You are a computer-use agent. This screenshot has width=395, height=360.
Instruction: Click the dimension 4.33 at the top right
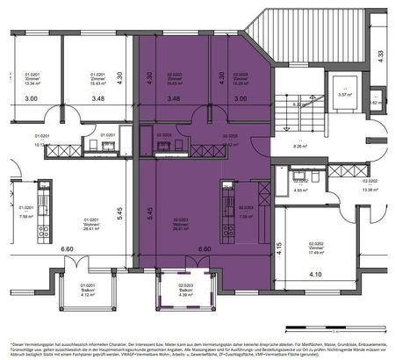(x=380, y=54)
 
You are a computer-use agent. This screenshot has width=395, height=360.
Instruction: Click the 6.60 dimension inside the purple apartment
(x=205, y=249)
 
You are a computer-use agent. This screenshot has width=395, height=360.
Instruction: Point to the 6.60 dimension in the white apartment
(x=67, y=249)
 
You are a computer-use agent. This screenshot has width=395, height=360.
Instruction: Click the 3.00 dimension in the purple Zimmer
(x=241, y=99)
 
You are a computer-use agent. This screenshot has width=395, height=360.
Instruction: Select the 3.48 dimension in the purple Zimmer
(x=172, y=99)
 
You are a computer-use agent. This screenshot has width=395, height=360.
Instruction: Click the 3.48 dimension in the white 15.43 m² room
(x=98, y=99)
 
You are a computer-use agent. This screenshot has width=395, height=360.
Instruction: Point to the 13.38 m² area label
(x=370, y=188)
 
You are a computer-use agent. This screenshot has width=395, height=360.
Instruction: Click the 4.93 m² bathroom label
(x=300, y=189)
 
